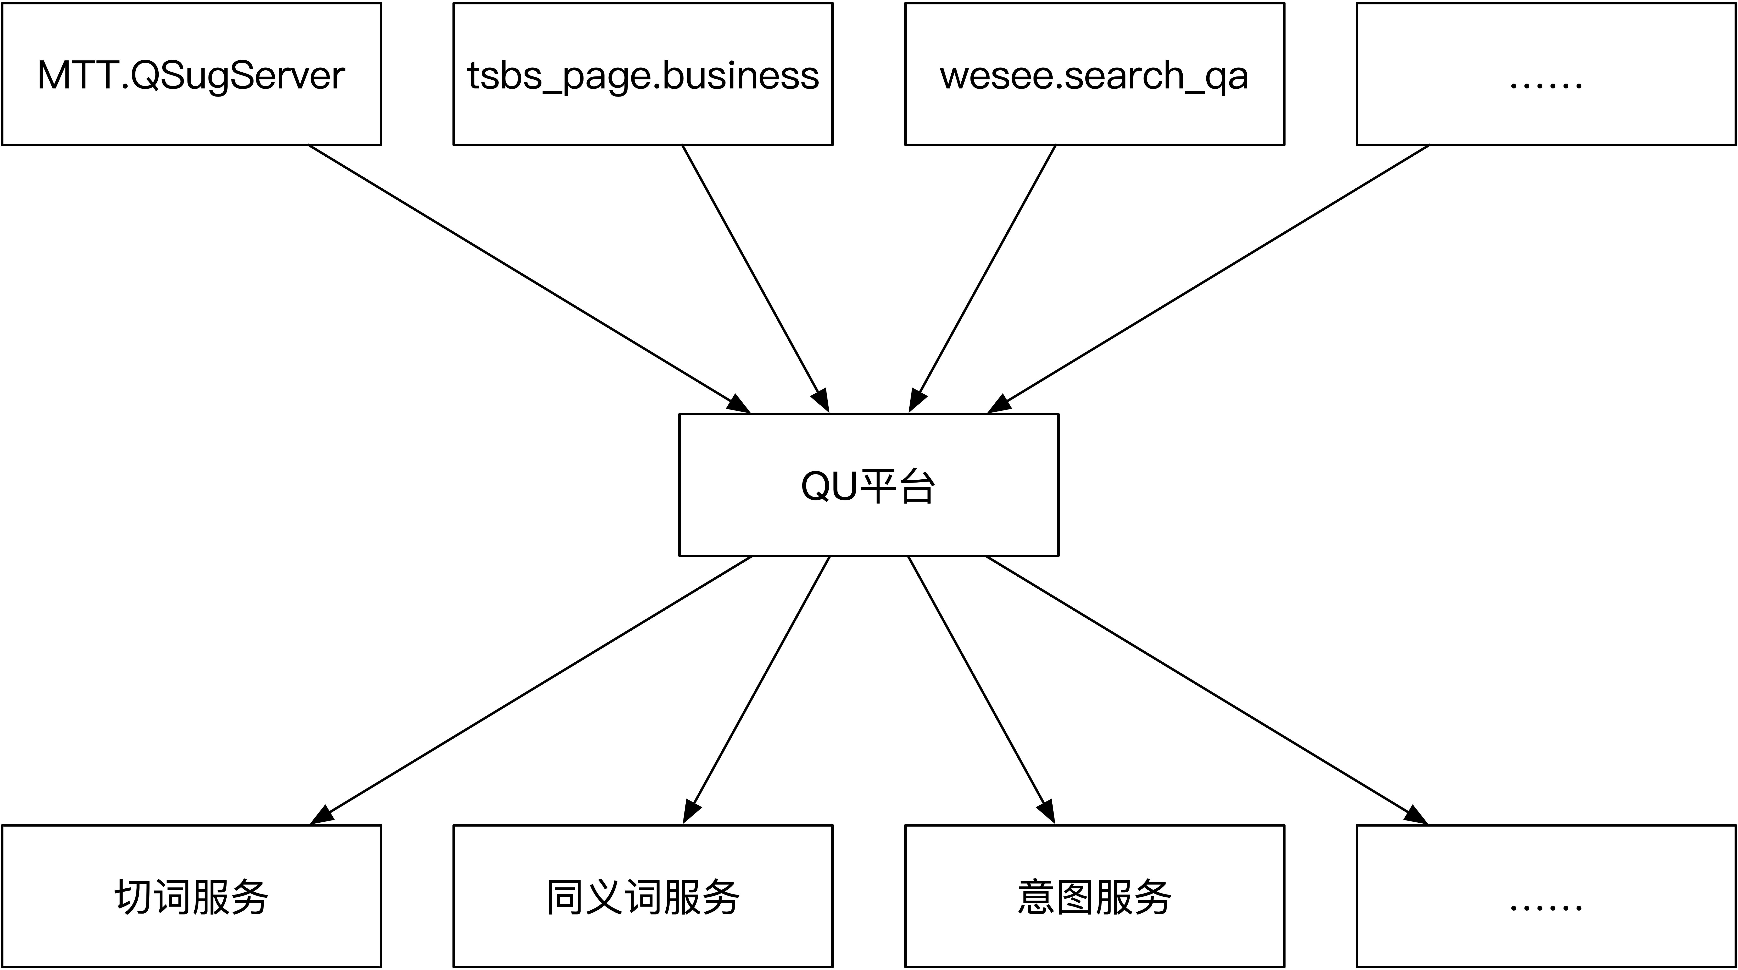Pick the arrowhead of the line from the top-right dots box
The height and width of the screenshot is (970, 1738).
coord(999,405)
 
